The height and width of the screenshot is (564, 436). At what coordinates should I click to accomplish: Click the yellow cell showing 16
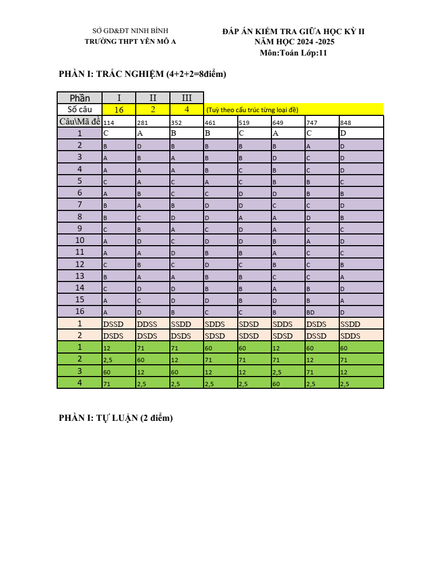click(119, 109)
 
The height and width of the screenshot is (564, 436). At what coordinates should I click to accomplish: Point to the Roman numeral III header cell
click(186, 98)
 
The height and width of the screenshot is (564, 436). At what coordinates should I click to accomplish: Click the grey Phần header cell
click(80, 98)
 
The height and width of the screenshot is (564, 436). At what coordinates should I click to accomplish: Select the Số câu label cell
click(80, 109)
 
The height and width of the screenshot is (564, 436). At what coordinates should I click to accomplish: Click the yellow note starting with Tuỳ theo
click(252, 110)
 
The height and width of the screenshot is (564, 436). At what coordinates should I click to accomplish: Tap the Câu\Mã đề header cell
click(80, 122)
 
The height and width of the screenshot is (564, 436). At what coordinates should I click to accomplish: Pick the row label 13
click(80, 276)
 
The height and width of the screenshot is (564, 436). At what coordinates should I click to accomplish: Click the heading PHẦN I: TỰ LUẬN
click(116, 418)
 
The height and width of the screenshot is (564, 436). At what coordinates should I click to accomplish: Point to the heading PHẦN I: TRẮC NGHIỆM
click(142, 74)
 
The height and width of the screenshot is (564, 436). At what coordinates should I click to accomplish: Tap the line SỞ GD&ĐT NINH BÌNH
click(130, 31)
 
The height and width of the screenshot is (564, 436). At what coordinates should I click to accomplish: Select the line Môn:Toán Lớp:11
click(293, 52)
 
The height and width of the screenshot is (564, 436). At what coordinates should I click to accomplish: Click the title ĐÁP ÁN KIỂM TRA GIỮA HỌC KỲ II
click(293, 32)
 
